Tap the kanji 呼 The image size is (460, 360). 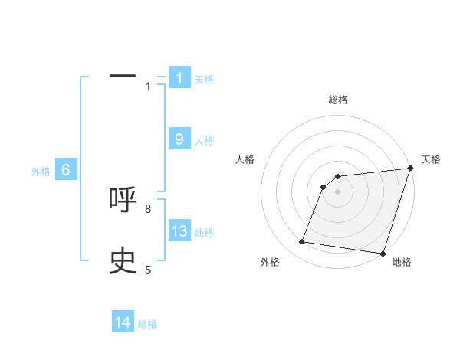(123, 199)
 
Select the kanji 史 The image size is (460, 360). (123, 261)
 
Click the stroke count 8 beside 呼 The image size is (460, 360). (148, 208)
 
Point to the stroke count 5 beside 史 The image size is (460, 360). (148, 270)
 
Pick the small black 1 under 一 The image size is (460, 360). (148, 87)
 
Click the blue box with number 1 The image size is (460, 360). (179, 77)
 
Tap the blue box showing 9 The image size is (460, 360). (179, 139)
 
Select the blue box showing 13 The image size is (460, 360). (179, 231)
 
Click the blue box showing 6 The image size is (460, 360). (66, 170)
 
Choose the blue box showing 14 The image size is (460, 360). (123, 322)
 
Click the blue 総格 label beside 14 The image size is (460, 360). (147, 323)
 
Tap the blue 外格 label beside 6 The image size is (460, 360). (41, 172)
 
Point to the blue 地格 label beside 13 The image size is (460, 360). (204, 232)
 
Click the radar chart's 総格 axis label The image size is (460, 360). (338, 100)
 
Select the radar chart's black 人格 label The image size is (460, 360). (245, 159)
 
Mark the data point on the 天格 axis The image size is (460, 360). (411, 169)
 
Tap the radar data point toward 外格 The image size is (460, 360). (302, 242)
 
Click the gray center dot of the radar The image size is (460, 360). (338, 191)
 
